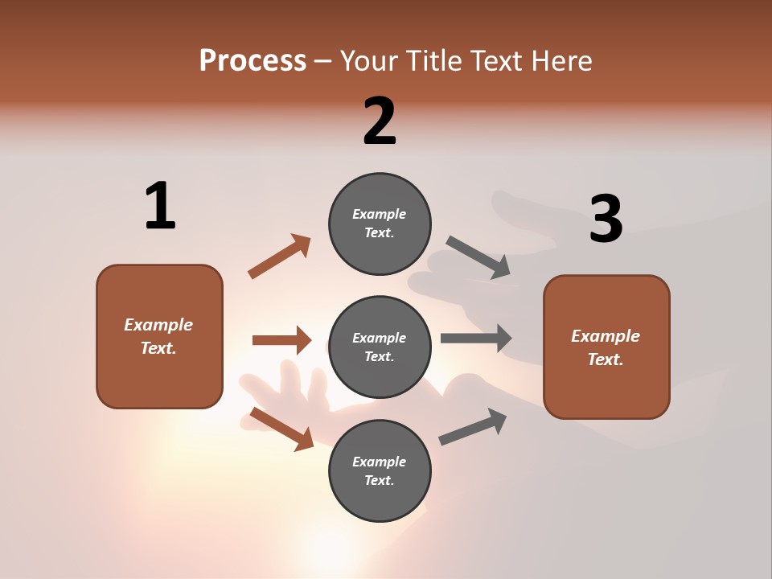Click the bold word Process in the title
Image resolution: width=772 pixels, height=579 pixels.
click(253, 61)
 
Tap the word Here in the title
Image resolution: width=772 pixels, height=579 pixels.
click(561, 61)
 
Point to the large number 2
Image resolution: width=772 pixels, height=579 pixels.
click(380, 121)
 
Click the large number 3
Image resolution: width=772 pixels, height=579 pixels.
click(606, 219)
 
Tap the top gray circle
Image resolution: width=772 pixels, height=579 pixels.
click(380, 224)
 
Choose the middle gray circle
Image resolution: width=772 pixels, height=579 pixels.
click(380, 347)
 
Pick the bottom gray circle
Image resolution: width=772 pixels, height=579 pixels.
click(380, 471)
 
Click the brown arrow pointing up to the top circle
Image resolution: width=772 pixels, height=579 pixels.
click(279, 257)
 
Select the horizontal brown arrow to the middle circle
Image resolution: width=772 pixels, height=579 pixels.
click(281, 340)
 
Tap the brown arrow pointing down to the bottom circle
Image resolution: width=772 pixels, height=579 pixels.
click(281, 429)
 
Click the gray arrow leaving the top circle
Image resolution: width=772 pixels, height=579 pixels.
click(478, 257)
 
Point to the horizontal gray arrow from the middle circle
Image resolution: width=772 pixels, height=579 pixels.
click(476, 339)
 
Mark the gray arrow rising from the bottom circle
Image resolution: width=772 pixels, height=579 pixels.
click(473, 427)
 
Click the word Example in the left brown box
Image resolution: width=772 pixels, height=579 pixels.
click(158, 325)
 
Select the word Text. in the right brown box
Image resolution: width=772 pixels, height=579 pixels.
click(606, 359)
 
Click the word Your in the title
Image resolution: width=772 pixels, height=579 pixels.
click(371, 61)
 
